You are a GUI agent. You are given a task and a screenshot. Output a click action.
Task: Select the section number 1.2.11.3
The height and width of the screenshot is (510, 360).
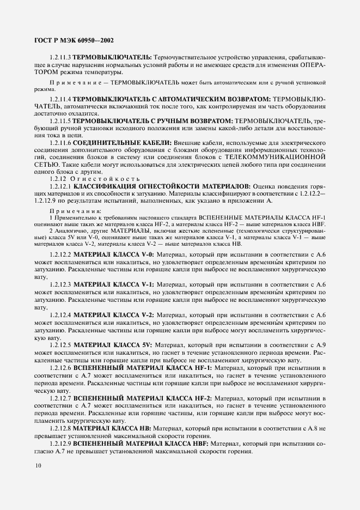click(x=60, y=57)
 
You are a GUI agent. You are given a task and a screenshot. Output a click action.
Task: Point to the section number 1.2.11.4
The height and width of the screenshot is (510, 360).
click(x=60, y=99)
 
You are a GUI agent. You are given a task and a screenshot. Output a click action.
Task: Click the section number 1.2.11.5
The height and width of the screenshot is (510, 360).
click(x=60, y=119)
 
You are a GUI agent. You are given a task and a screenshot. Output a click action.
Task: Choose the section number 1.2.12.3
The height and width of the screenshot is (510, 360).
click(x=60, y=284)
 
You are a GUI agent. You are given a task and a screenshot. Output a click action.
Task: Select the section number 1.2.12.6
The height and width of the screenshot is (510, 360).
click(x=60, y=368)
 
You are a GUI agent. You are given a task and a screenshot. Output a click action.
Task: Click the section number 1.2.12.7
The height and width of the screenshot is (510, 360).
click(x=60, y=399)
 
